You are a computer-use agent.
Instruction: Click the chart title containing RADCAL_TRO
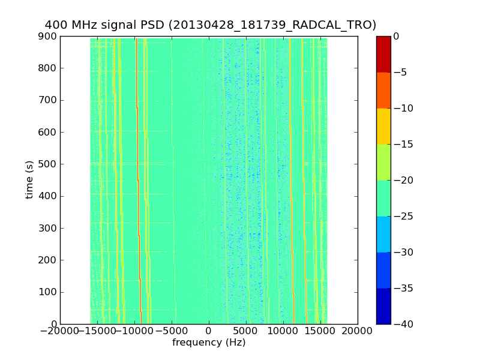pyautogui.click(x=210, y=25)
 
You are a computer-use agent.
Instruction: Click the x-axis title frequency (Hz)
pyautogui.click(x=209, y=343)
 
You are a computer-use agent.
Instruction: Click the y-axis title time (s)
pyautogui.click(x=29, y=179)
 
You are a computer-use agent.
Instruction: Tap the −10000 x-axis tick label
pyautogui.click(x=134, y=331)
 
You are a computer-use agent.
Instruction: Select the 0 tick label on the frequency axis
pyautogui.click(x=209, y=331)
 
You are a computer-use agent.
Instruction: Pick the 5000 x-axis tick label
pyautogui.click(x=246, y=331)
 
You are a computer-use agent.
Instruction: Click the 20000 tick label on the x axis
pyautogui.click(x=358, y=331)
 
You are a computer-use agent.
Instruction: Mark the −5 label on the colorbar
pyautogui.click(x=401, y=73)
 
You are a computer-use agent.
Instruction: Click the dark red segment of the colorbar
pyautogui.click(x=383, y=54)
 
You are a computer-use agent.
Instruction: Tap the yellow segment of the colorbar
pyautogui.click(x=383, y=126)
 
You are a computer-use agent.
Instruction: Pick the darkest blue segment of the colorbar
pyautogui.click(x=383, y=306)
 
